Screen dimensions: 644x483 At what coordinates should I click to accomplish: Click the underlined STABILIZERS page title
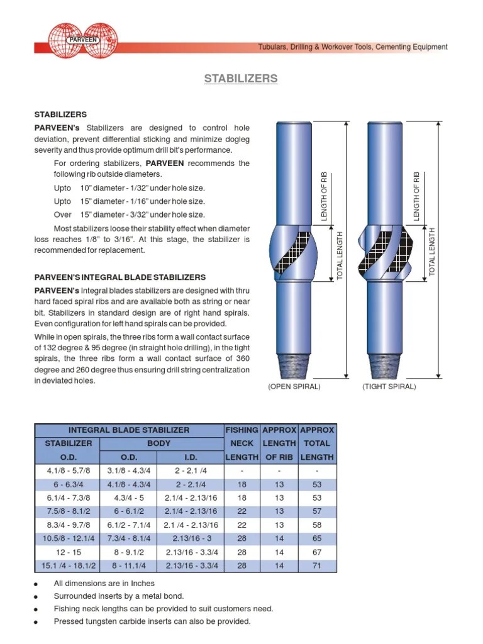coord(241,79)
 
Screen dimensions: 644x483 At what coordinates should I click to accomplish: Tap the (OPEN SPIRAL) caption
coord(294,387)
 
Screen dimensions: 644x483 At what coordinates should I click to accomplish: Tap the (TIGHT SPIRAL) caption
coord(389,387)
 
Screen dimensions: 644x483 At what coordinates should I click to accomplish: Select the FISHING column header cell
coord(241,430)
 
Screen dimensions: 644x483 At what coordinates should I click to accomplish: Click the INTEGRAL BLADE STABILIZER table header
coord(128,430)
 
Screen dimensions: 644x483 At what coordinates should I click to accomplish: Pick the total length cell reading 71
coord(317,566)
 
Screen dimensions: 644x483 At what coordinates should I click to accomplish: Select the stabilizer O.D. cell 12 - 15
coord(69,552)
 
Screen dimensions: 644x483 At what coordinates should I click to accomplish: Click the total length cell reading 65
coord(317,538)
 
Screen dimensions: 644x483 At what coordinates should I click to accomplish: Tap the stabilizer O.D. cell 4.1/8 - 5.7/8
coord(69,471)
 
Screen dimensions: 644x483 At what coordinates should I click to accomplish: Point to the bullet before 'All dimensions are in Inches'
coord(36,584)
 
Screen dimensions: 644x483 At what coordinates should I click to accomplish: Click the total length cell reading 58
coord(317,525)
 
